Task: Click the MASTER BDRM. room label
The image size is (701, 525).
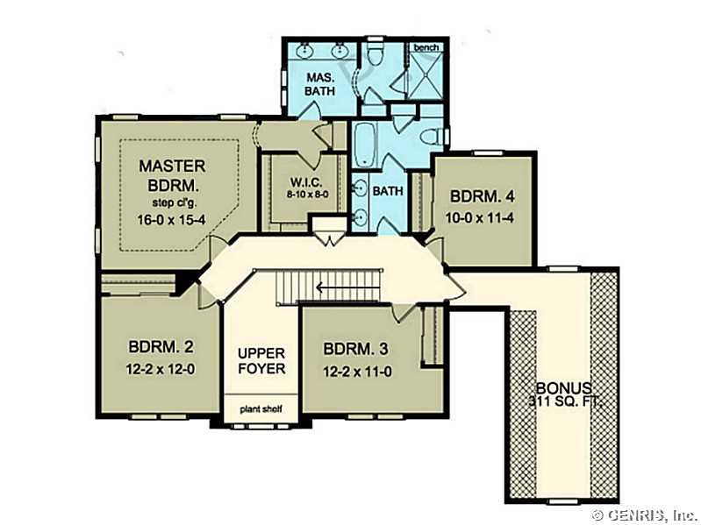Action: click(172, 175)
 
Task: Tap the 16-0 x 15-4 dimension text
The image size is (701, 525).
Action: click(171, 220)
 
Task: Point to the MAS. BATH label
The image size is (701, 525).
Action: click(319, 84)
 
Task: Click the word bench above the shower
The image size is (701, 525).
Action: click(426, 48)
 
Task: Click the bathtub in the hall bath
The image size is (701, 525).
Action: click(366, 145)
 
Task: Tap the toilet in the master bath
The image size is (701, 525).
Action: click(375, 56)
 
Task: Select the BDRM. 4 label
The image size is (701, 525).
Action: click(483, 196)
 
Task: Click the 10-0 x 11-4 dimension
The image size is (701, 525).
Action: click(479, 218)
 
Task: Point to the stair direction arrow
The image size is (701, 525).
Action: click(347, 287)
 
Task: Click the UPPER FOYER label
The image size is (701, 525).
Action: click(261, 361)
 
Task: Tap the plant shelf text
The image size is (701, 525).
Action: click(261, 409)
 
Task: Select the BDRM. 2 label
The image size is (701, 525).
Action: click(161, 347)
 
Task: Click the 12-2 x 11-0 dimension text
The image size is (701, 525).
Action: click(357, 372)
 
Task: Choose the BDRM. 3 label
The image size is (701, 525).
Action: click(355, 349)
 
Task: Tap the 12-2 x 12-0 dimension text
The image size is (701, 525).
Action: click(161, 369)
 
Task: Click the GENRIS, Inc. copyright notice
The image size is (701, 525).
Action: click(645, 514)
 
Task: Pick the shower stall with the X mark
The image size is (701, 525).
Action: click(426, 75)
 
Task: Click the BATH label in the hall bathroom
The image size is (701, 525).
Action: click(388, 191)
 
